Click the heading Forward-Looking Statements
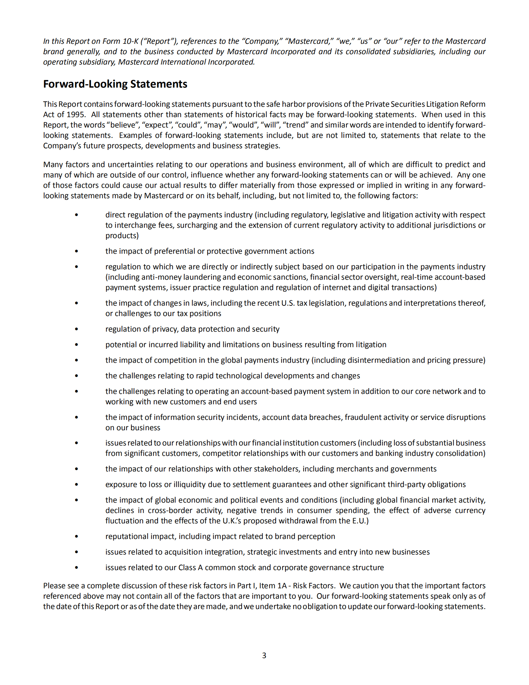click(x=115, y=84)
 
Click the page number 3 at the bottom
click(x=264, y=655)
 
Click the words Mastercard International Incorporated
click(x=186, y=62)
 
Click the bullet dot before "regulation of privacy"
click(x=77, y=329)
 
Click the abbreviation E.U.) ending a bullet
click(x=360, y=521)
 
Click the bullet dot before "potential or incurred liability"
click(x=77, y=345)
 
